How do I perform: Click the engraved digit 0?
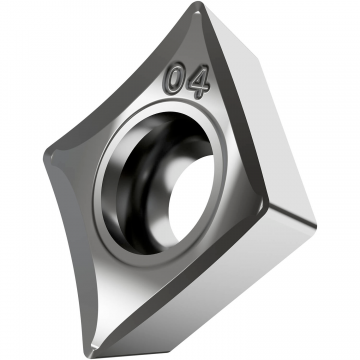click(x=178, y=77)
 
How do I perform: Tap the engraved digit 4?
click(x=198, y=84)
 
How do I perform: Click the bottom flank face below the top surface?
click(x=200, y=300)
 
